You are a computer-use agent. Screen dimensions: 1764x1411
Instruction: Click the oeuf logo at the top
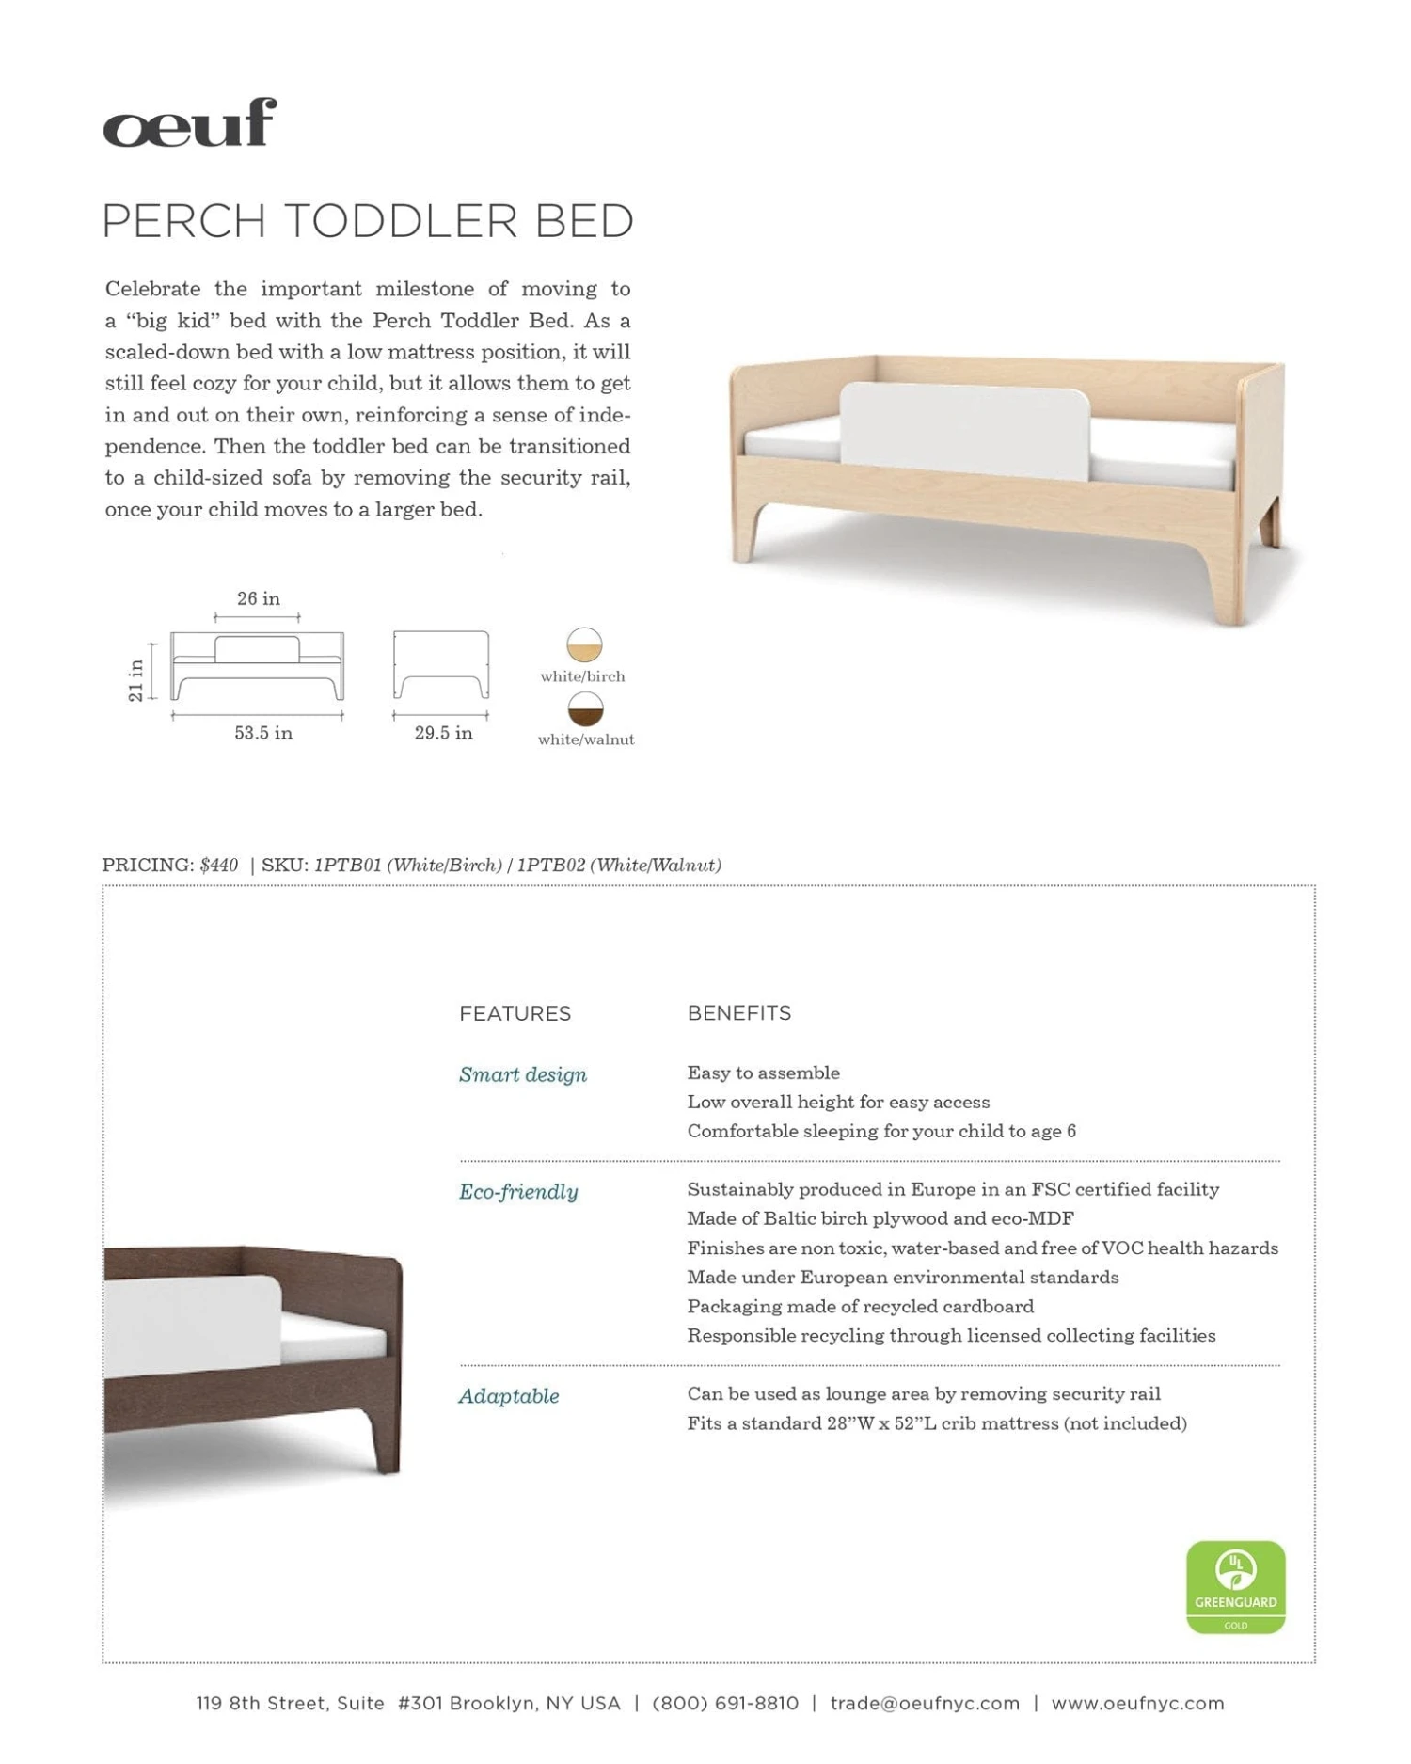[x=190, y=123]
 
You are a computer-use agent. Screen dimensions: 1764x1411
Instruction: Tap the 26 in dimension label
[x=258, y=599]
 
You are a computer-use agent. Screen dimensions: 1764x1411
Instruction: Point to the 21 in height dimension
[x=136, y=679]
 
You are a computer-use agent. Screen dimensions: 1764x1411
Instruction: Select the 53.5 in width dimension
[x=263, y=733]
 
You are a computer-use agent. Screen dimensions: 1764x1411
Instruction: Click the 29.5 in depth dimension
[x=443, y=733]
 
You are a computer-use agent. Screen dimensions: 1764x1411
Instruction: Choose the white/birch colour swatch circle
[x=584, y=645]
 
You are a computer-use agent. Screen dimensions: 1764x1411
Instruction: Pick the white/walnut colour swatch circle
[x=585, y=709]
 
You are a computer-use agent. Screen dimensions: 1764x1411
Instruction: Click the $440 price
[x=219, y=866]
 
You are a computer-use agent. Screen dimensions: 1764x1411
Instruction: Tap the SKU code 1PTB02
[x=550, y=866]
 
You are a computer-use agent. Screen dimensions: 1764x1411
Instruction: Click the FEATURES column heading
[x=515, y=1014]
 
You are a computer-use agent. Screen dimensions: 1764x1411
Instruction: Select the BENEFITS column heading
[x=738, y=1013]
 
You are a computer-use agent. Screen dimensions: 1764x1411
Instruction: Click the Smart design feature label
[x=522, y=1074]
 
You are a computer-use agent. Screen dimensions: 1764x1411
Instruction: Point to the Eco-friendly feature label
[x=518, y=1192]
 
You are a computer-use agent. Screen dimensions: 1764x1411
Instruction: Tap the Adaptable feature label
[x=508, y=1396]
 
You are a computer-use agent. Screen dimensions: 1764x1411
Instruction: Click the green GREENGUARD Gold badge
[x=1235, y=1587]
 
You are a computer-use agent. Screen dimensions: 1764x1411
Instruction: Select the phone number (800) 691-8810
[x=724, y=1704]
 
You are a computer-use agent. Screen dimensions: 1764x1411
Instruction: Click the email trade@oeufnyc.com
[x=925, y=1704]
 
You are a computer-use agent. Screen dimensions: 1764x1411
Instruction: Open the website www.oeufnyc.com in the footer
[x=1137, y=1704]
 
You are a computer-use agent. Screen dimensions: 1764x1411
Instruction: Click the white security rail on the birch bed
[x=964, y=423]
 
